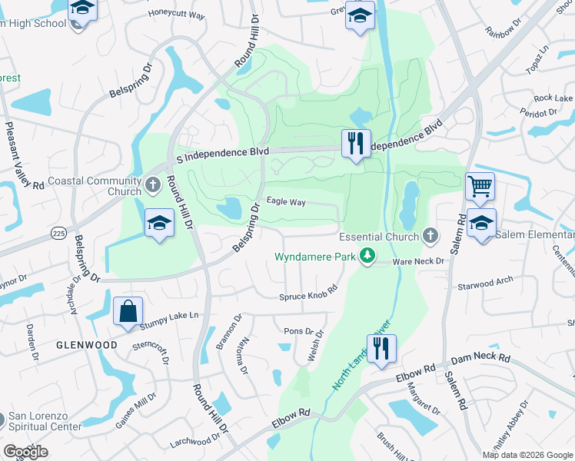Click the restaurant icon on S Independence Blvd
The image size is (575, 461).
355,144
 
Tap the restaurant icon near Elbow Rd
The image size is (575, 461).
382,348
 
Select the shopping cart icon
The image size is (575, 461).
480,185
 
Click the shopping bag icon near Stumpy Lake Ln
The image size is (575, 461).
128,312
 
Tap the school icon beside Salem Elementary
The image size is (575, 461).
481,224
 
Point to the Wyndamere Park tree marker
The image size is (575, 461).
368,256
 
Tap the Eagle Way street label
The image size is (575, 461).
286,202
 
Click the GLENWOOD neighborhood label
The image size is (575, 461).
86,345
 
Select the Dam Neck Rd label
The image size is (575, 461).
480,358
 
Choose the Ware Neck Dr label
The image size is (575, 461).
419,261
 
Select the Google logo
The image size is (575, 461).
26,452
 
